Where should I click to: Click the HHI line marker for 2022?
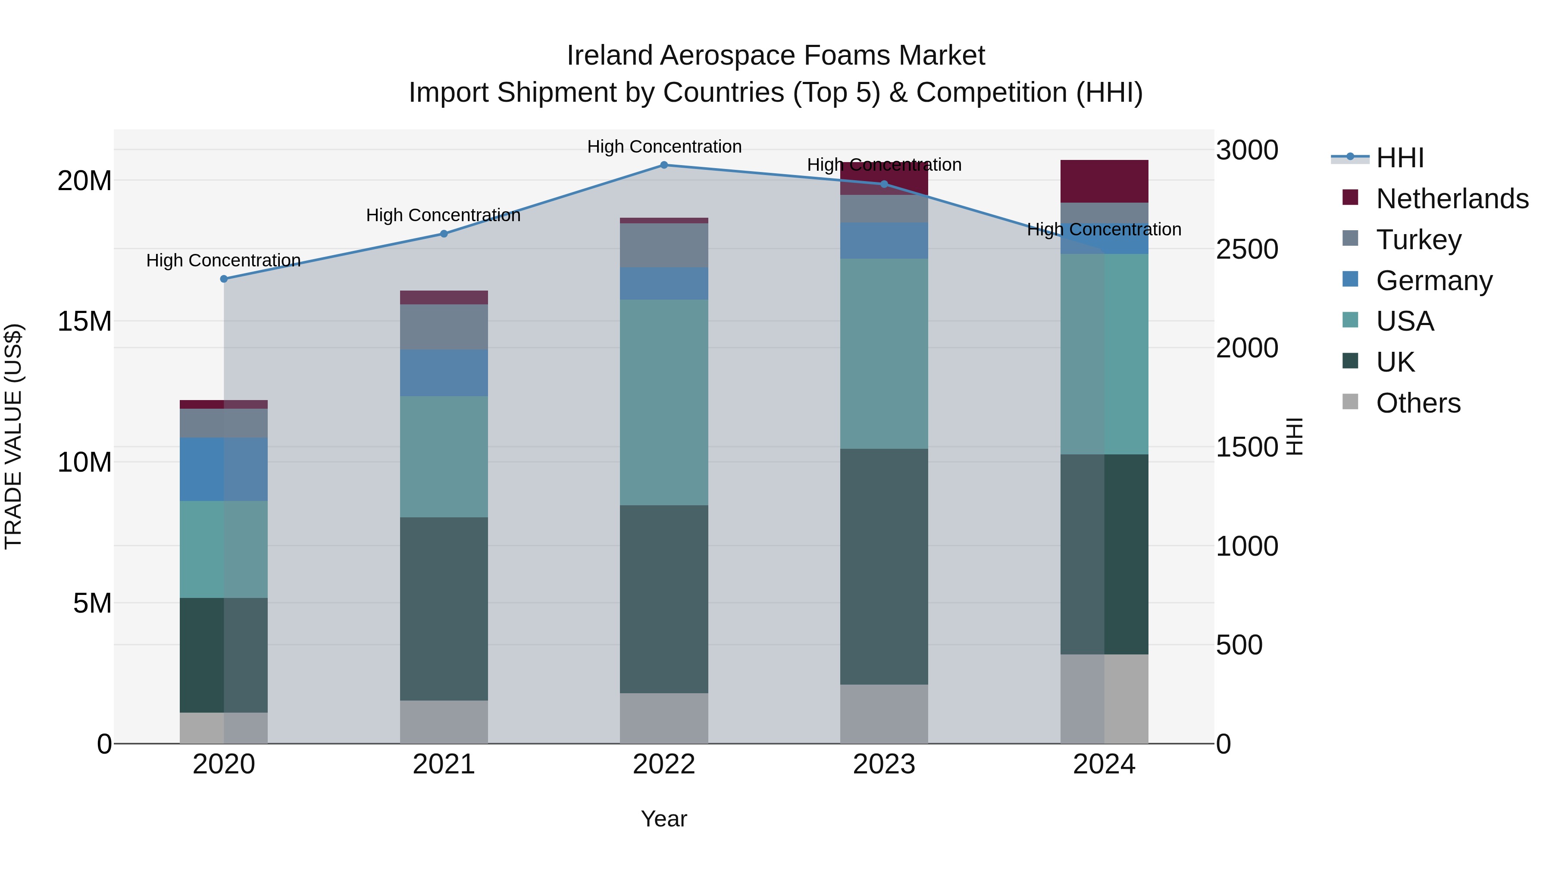[664, 165]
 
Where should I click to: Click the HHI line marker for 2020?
[223, 279]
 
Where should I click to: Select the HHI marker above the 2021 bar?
[444, 234]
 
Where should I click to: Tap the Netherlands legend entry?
[1452, 199]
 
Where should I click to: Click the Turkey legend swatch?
[1350, 238]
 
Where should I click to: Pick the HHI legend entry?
[1399, 158]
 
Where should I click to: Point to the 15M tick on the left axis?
[84, 321]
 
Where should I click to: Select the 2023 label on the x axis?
[884, 764]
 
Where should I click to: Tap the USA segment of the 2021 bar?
[444, 456]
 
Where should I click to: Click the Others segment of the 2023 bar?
[884, 713]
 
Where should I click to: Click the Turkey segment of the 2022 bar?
[664, 245]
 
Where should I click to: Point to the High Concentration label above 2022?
[664, 147]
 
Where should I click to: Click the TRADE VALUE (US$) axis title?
[13, 436]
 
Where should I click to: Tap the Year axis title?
[663, 819]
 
